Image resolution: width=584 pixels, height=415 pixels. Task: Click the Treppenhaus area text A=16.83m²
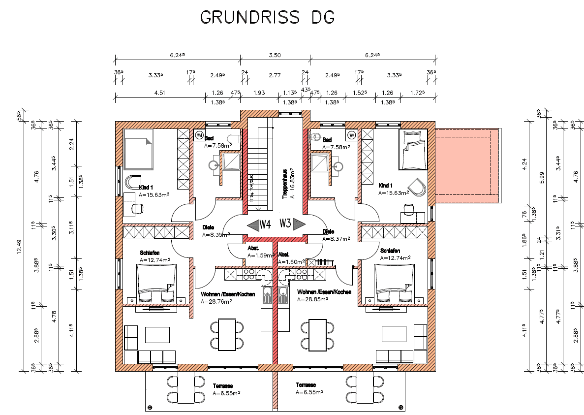pos(292,184)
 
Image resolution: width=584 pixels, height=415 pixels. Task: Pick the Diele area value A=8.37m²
pos(336,239)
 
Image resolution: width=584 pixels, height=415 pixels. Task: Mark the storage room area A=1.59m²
pos(261,255)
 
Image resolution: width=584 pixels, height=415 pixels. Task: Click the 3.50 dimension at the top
pos(274,55)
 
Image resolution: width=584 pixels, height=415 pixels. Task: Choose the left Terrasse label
pos(223,385)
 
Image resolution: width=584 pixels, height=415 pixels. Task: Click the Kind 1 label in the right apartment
pos(385,186)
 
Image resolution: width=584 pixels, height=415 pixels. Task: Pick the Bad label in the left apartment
pos(209,139)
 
